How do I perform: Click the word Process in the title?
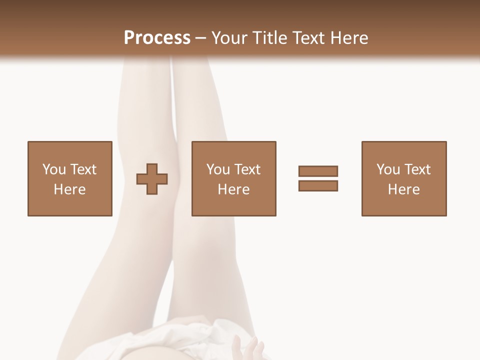click(157, 37)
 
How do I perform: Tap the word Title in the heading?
click(269, 37)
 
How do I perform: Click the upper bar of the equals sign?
click(318, 171)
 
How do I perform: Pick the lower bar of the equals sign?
click(318, 185)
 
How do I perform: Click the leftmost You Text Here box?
click(70, 178)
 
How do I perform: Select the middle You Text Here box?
click(234, 178)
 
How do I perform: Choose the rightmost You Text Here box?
click(404, 178)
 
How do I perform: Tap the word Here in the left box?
click(70, 189)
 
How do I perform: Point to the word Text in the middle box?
click(247, 169)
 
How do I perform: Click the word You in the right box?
click(388, 169)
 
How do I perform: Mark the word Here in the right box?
click(404, 189)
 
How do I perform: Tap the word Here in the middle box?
click(234, 189)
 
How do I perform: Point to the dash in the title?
click(201, 38)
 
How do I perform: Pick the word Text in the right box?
click(417, 169)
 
